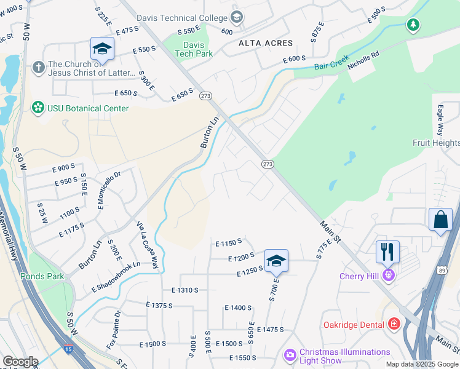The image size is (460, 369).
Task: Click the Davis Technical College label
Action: point(182,18)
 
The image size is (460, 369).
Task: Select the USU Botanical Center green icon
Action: point(38,108)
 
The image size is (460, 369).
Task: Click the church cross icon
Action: point(38,65)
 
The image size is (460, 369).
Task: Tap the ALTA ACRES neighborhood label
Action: point(266,43)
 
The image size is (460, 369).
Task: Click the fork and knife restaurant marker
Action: point(387,252)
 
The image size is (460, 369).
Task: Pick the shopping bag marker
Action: point(440,220)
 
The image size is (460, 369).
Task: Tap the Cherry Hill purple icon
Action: point(387,276)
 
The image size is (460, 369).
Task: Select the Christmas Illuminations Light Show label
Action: point(344,356)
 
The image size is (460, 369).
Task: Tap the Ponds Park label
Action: point(41,276)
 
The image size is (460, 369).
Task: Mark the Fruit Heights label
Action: point(435,143)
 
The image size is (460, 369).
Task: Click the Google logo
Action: point(20,362)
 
